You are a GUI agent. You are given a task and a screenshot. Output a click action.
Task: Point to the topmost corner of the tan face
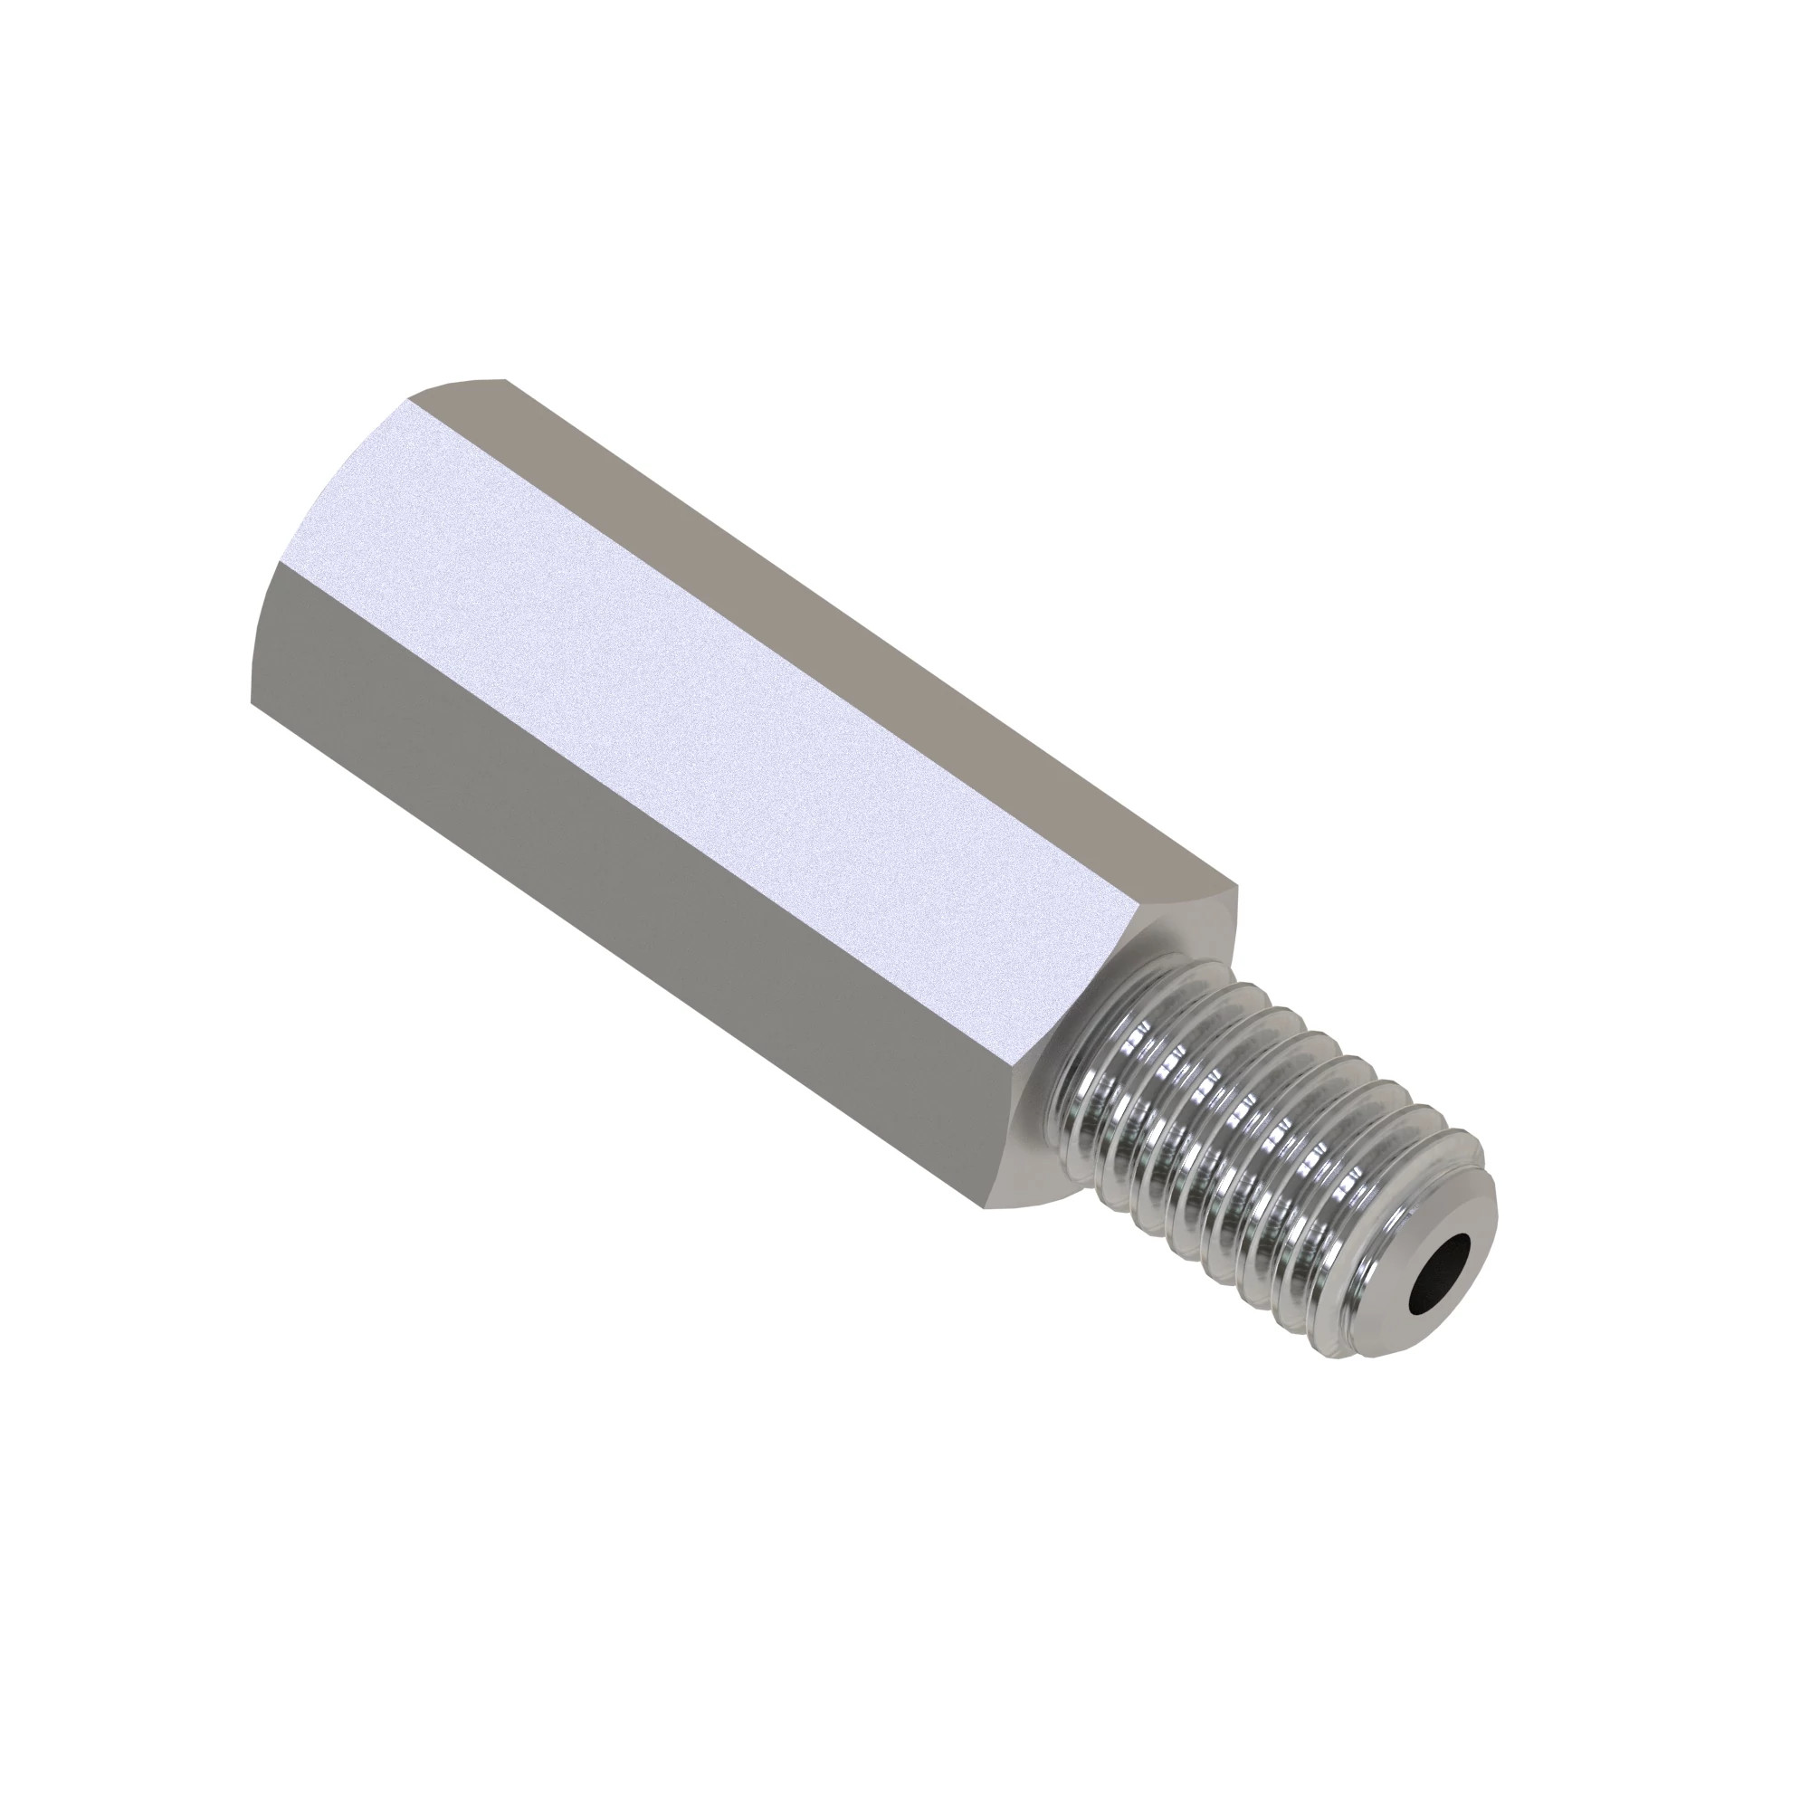tap(506, 379)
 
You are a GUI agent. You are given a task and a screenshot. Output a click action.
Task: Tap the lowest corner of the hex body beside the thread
tap(984, 1207)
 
